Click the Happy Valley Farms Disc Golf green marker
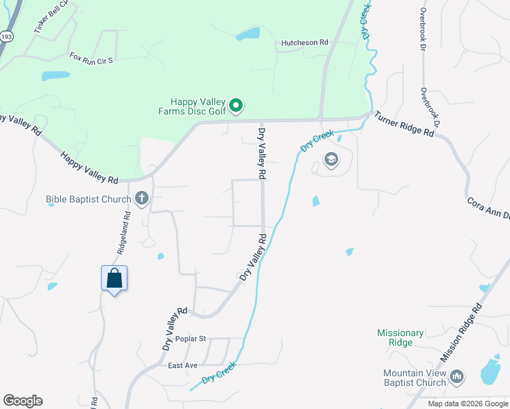235,105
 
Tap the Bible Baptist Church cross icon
142,199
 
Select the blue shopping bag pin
115,279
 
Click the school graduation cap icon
331,160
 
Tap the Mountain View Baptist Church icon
457,376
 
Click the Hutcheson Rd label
305,42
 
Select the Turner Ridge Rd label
404,124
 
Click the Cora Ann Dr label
488,208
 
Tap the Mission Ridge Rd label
462,333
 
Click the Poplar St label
190,339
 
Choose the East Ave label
183,366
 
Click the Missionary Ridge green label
400,337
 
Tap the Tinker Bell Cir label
51,15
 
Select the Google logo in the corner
22,401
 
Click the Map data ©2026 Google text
468,404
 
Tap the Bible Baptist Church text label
88,200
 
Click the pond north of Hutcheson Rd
249,33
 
